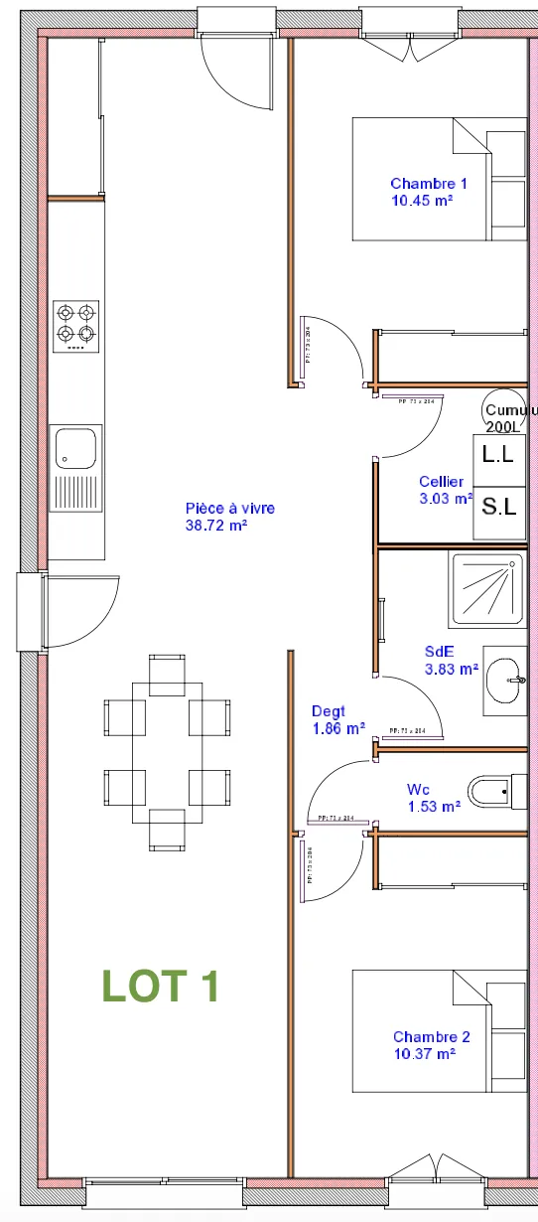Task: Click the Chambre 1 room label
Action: coord(428,184)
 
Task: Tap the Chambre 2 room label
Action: coord(431,1037)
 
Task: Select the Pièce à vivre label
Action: coord(229,509)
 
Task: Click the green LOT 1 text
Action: coord(160,986)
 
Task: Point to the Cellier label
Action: coord(441,483)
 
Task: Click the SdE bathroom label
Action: coord(439,653)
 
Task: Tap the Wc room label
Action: coord(418,790)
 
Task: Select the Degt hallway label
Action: coord(328,711)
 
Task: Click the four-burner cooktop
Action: coord(76,326)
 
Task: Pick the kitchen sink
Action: coord(76,447)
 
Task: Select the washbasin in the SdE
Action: coord(506,681)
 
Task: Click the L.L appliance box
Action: coord(498,455)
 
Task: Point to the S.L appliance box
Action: coord(498,507)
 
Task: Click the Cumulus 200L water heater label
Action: coord(508,417)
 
